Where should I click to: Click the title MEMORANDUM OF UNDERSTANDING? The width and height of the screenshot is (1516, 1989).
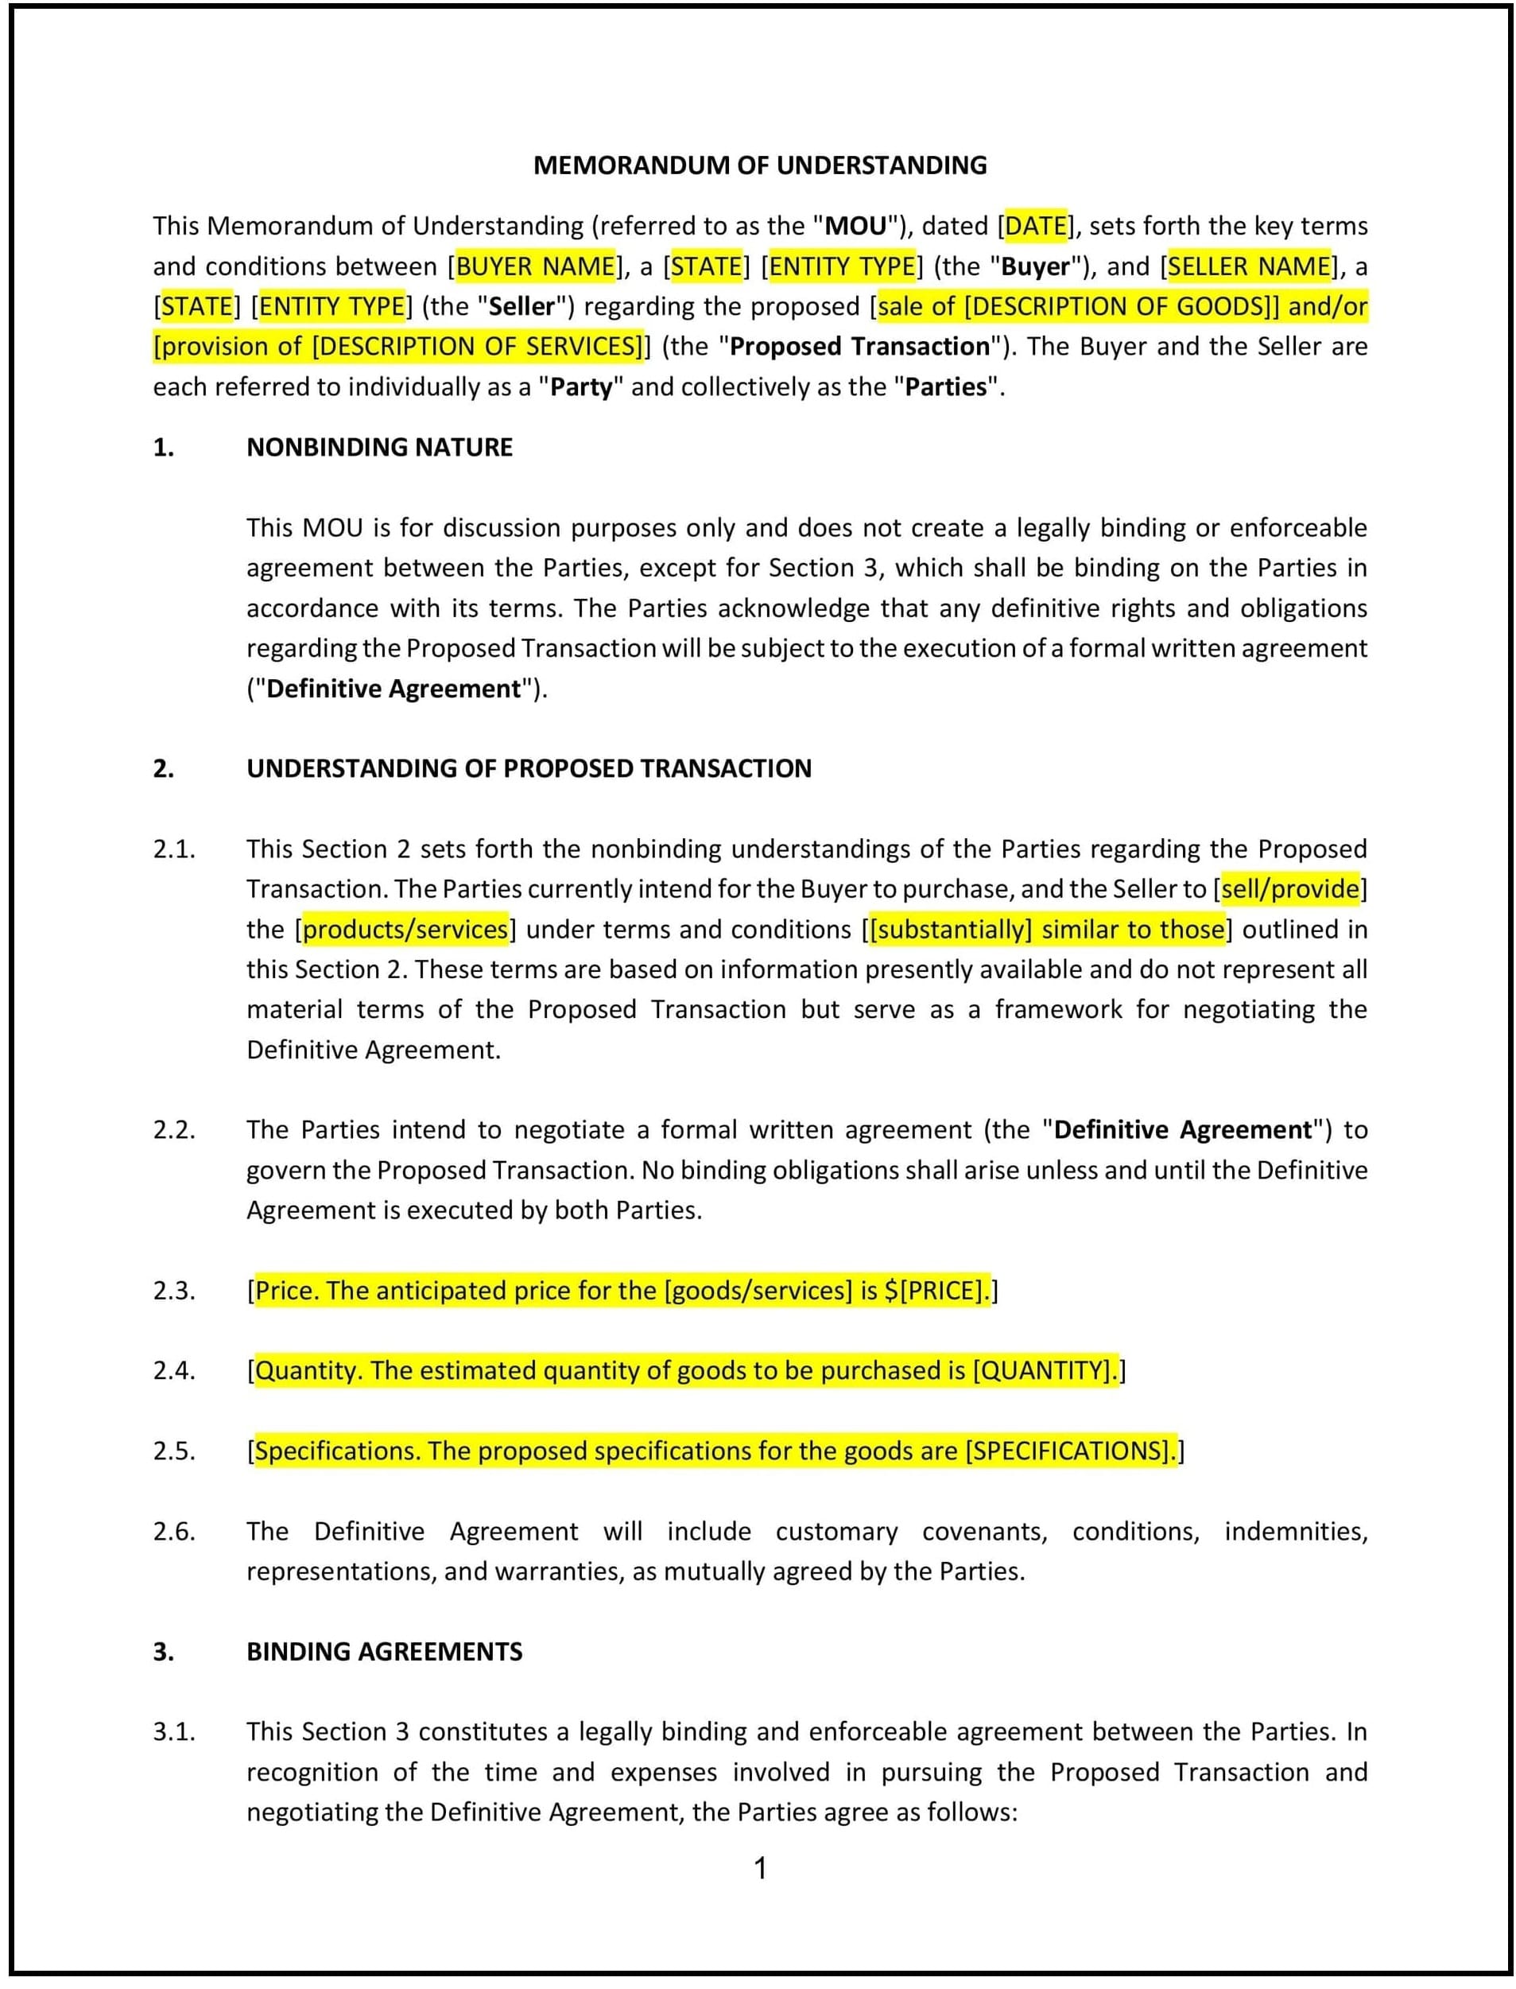coord(760,165)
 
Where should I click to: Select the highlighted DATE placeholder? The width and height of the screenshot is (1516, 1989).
coord(1036,226)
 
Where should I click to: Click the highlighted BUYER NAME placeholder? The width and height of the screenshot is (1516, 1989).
coord(535,266)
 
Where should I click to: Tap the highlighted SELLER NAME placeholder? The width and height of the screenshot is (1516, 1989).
coord(1249,266)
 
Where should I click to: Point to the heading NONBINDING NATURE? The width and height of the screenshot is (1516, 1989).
coord(379,447)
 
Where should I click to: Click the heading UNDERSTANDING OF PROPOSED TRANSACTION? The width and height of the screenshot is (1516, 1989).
coord(529,768)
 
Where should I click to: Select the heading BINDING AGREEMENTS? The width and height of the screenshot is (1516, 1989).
coord(385,1651)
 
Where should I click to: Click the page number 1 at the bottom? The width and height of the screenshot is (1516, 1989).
coord(760,1868)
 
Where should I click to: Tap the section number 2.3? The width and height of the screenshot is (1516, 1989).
coord(174,1291)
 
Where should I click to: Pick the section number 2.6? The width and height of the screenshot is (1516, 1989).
coord(174,1531)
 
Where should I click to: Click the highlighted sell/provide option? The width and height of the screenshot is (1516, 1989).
coord(1290,889)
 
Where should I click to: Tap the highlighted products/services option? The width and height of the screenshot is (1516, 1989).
coord(405,929)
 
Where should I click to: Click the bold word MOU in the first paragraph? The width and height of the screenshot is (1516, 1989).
coord(855,226)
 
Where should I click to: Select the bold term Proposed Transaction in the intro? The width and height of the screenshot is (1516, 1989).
coord(859,347)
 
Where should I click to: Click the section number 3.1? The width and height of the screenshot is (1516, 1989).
coord(174,1731)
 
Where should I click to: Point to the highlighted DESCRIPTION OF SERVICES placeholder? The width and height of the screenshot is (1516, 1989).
coord(479,347)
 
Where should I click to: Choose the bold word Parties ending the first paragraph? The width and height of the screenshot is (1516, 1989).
coord(946,387)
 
